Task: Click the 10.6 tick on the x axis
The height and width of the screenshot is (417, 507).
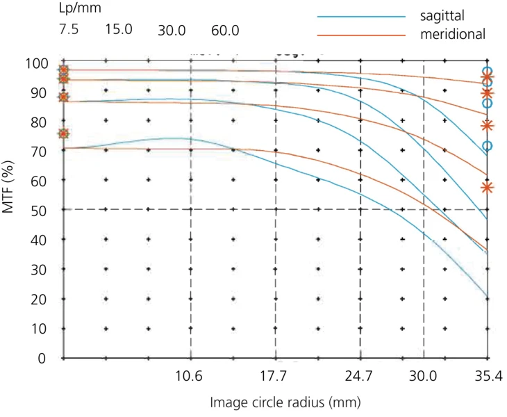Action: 190,377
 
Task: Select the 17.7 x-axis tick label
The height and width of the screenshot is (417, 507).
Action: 275,377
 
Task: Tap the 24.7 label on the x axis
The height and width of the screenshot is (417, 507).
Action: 360,377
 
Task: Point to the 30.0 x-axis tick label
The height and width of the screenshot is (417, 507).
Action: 423,377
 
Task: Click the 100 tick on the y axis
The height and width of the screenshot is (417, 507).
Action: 38,64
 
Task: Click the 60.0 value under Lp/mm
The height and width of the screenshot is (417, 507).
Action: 226,31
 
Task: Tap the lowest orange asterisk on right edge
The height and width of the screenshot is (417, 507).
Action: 488,188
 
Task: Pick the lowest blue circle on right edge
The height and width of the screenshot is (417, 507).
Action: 488,146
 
